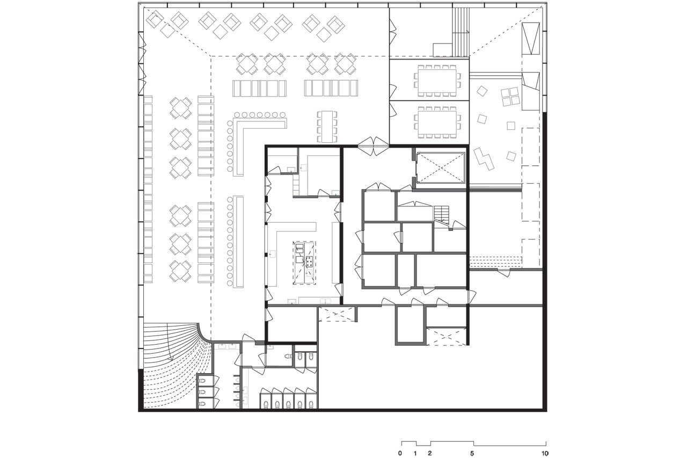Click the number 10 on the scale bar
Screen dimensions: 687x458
(545, 453)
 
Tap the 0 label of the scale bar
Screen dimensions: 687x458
(400, 453)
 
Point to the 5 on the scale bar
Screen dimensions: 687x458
(472, 453)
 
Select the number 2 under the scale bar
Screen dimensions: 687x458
(430, 453)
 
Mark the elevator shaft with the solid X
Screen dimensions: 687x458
(440, 168)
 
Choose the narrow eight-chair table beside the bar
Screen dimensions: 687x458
(327, 127)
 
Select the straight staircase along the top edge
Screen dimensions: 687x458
(461, 32)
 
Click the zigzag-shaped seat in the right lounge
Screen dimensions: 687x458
(484, 158)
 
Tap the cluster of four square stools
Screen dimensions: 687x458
(510, 97)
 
